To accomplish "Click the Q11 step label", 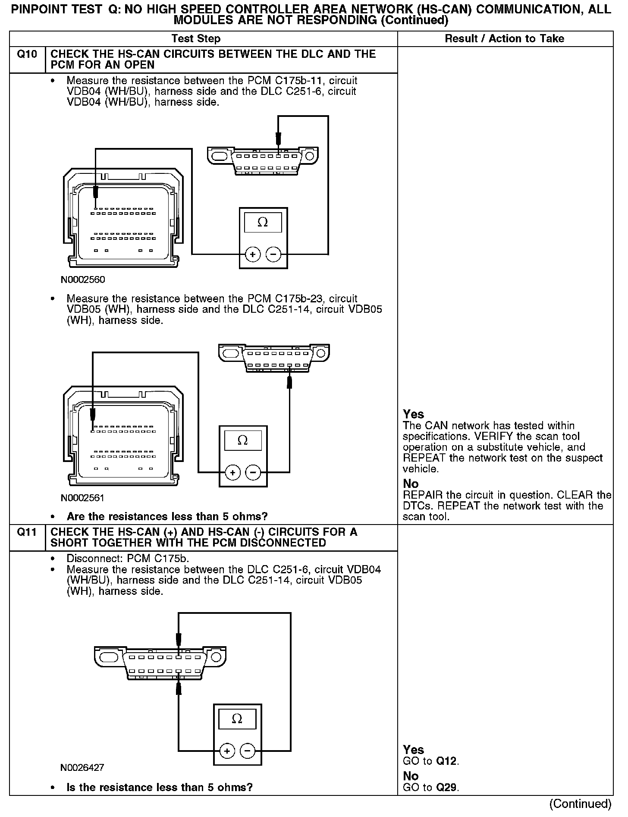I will (27, 532).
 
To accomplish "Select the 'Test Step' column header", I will (196, 39).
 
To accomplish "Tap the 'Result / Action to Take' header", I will (504, 39).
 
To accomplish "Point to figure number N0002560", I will (83, 280).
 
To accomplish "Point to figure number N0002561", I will (83, 498).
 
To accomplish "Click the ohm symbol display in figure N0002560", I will (263, 223).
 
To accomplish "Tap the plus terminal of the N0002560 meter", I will (252, 255).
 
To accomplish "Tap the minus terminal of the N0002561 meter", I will (253, 473).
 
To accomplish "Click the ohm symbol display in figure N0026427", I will (237, 719).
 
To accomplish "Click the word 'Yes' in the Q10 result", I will (413, 414).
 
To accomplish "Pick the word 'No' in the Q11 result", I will (411, 776).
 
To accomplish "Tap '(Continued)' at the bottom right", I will (580, 804).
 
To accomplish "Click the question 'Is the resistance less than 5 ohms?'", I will (160, 787).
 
